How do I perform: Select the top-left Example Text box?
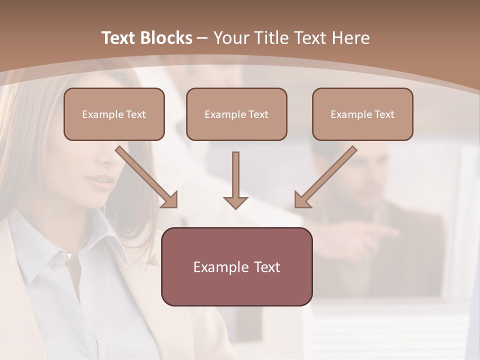point(114,114)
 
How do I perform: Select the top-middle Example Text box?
point(236,114)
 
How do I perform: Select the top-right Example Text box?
point(362,114)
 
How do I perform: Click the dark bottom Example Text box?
point(236,266)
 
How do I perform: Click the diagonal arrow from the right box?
point(325,177)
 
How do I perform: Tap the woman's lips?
point(102,181)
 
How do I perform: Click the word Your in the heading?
point(232,38)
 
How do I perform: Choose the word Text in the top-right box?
point(384,114)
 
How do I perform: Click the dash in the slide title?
point(202,38)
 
